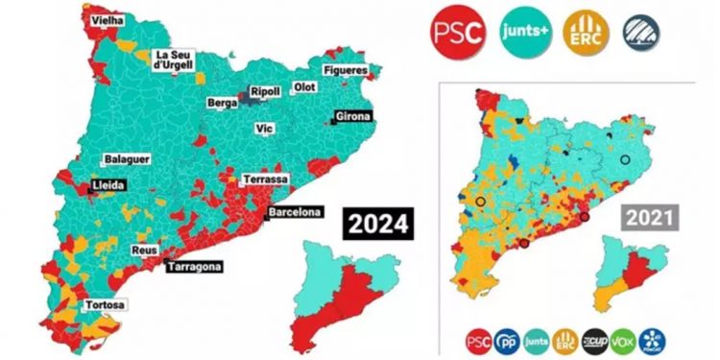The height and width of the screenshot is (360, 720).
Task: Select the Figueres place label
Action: [344, 71]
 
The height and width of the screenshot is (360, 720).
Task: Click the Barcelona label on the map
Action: [294, 212]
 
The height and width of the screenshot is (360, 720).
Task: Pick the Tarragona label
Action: [194, 266]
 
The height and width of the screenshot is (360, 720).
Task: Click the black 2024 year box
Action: [378, 225]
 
